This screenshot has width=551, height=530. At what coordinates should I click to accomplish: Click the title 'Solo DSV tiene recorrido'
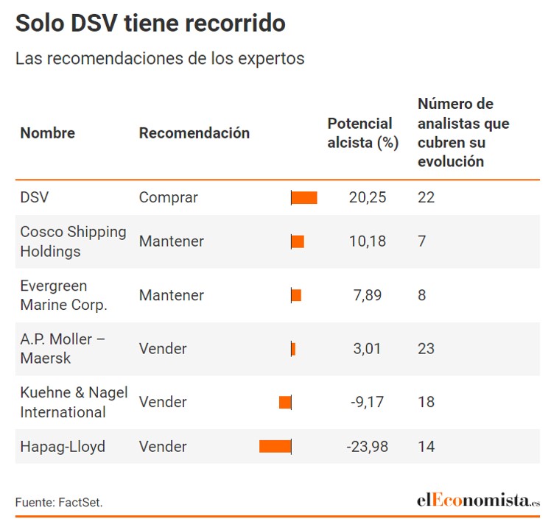pyautogui.click(x=150, y=24)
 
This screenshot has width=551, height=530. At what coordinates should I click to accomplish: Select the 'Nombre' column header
pyautogui.click(x=47, y=133)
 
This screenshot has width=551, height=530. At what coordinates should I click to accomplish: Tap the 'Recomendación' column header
pyautogui.click(x=194, y=133)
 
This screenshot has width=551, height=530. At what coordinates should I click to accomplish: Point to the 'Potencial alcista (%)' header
pyautogui.click(x=362, y=133)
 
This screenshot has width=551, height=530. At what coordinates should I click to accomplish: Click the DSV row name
pyautogui.click(x=35, y=197)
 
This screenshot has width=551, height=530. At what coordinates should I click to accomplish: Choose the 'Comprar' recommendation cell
pyautogui.click(x=169, y=197)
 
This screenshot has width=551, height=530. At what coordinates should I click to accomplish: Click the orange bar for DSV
pyautogui.click(x=304, y=197)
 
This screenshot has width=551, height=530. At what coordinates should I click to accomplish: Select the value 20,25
pyautogui.click(x=368, y=197)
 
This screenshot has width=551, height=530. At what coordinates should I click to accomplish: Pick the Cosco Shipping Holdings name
pyautogui.click(x=73, y=241)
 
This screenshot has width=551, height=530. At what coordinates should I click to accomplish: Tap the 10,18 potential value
pyautogui.click(x=368, y=241)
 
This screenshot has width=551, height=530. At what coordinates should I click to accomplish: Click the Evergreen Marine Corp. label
pyautogui.click(x=63, y=295)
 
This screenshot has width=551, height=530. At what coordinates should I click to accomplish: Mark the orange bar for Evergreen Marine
pyautogui.click(x=296, y=295)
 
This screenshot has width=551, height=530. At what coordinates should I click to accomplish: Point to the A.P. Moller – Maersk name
pyautogui.click(x=63, y=349)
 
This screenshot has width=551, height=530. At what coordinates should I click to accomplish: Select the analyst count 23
pyautogui.click(x=426, y=349)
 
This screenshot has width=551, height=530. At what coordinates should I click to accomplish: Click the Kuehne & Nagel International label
pyautogui.click(x=74, y=402)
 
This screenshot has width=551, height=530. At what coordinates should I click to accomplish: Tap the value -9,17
pyautogui.click(x=368, y=402)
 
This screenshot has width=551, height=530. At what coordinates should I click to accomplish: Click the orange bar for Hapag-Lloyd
pyautogui.click(x=275, y=446)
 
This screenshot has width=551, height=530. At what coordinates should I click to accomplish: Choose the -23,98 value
pyautogui.click(x=368, y=446)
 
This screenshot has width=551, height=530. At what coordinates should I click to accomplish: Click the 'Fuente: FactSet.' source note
pyautogui.click(x=59, y=503)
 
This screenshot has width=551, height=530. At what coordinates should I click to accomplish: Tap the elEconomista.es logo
pyautogui.click(x=478, y=501)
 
